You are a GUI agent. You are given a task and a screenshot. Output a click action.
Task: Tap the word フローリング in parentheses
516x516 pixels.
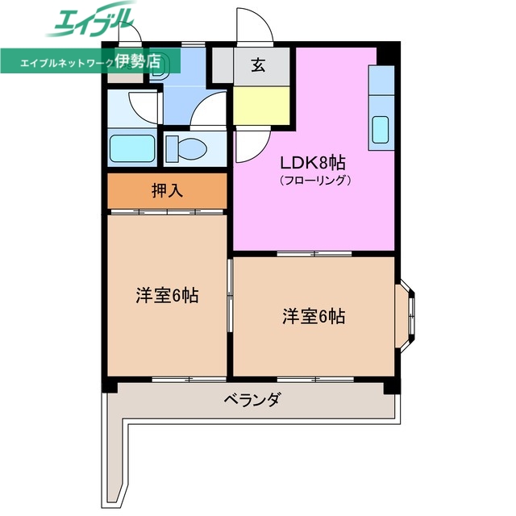pos(315,181)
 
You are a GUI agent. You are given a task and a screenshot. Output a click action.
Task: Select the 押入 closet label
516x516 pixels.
pos(167,191)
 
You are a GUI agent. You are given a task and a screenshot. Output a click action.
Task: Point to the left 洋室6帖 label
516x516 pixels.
pos(167,295)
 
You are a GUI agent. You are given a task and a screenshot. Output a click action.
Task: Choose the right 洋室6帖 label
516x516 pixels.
pos(314,317)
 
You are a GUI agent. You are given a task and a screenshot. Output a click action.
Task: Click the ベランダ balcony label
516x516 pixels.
pos(251,399)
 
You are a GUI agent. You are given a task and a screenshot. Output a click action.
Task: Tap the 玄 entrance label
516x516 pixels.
pos(257,66)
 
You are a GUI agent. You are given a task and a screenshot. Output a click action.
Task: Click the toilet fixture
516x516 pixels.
pos(187,148)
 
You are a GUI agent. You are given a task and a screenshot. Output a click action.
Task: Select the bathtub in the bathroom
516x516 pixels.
pos(131,149)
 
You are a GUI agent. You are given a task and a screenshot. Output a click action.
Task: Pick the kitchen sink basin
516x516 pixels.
pos(380,128)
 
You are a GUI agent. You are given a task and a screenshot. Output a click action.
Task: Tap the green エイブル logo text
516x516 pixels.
pos(89,19)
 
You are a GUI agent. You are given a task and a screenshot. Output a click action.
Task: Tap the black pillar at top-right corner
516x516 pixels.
pos(389,50)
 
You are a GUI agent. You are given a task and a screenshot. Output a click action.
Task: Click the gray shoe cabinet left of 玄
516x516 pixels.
pos(221,64)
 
